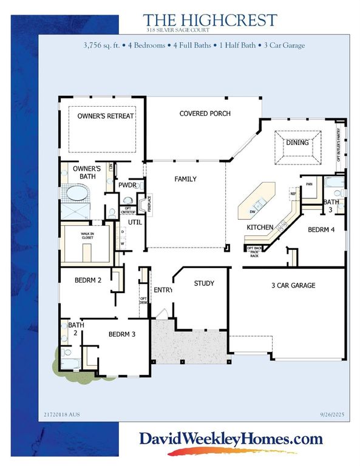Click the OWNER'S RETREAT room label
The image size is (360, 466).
pos(105,115)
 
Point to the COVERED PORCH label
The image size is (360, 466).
pos(205,113)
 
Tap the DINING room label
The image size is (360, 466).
pos(297,143)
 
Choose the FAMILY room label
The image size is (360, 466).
pos(185,180)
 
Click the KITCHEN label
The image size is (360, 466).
pos(260,227)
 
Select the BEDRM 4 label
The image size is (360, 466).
pos(322,230)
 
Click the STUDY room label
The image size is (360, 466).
pos(204,283)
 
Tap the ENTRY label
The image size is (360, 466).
pos(163,290)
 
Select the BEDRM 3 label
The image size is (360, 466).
pos(122,334)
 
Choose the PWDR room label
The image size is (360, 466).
pos(127,185)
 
